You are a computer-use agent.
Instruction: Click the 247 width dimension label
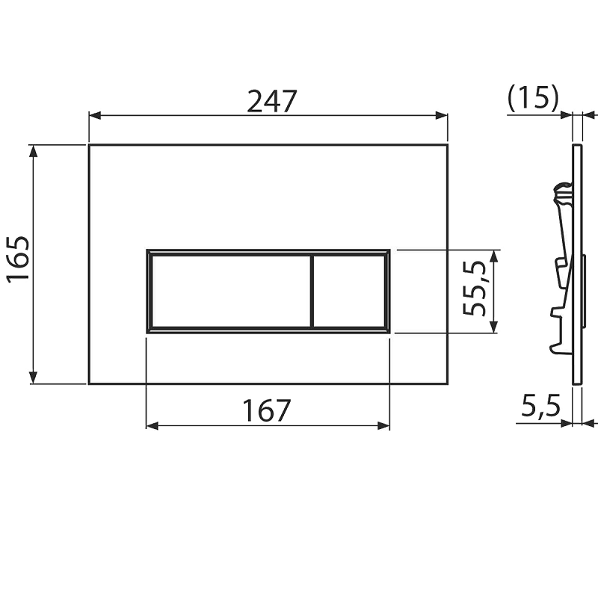271,101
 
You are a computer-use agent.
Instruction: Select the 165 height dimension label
18,258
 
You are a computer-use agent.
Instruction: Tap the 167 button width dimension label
267,410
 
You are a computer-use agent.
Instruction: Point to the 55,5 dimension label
474,289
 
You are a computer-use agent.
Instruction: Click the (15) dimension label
533,99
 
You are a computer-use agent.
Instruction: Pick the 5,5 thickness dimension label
540,406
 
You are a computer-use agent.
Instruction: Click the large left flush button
231,292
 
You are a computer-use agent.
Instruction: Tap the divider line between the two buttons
312,292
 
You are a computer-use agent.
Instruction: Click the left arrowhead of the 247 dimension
95,115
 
